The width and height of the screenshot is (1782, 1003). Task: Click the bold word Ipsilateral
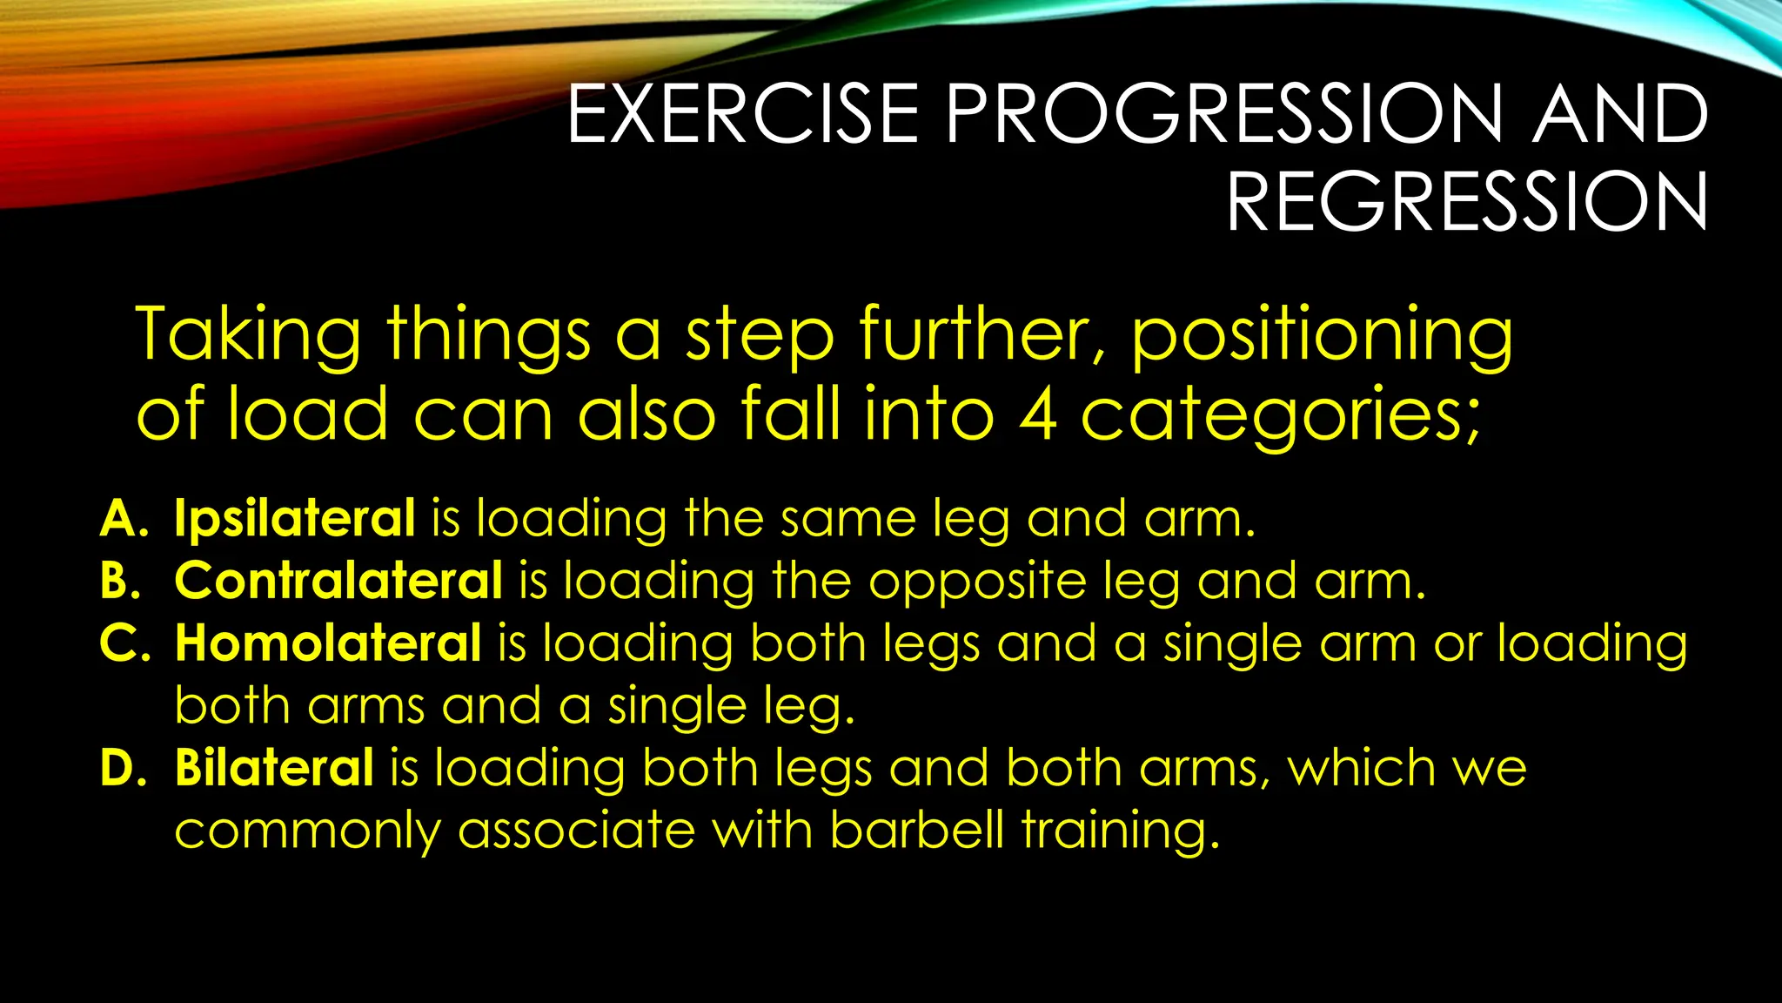[294, 519]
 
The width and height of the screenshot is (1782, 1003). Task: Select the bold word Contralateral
[338, 581]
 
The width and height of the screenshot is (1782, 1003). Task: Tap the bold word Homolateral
[327, 643]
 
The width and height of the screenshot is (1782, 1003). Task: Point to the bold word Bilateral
[274, 768]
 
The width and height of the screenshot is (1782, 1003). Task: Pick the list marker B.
[120, 581]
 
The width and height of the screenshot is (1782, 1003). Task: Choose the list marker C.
[123, 643]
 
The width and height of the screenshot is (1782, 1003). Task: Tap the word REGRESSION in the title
[1467, 202]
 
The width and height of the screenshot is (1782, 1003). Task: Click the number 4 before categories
[1037, 414]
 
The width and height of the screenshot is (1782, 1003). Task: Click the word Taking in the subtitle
[248, 335]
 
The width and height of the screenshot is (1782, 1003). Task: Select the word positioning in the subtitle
[1321, 335]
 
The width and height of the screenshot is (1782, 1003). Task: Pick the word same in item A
[847, 519]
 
